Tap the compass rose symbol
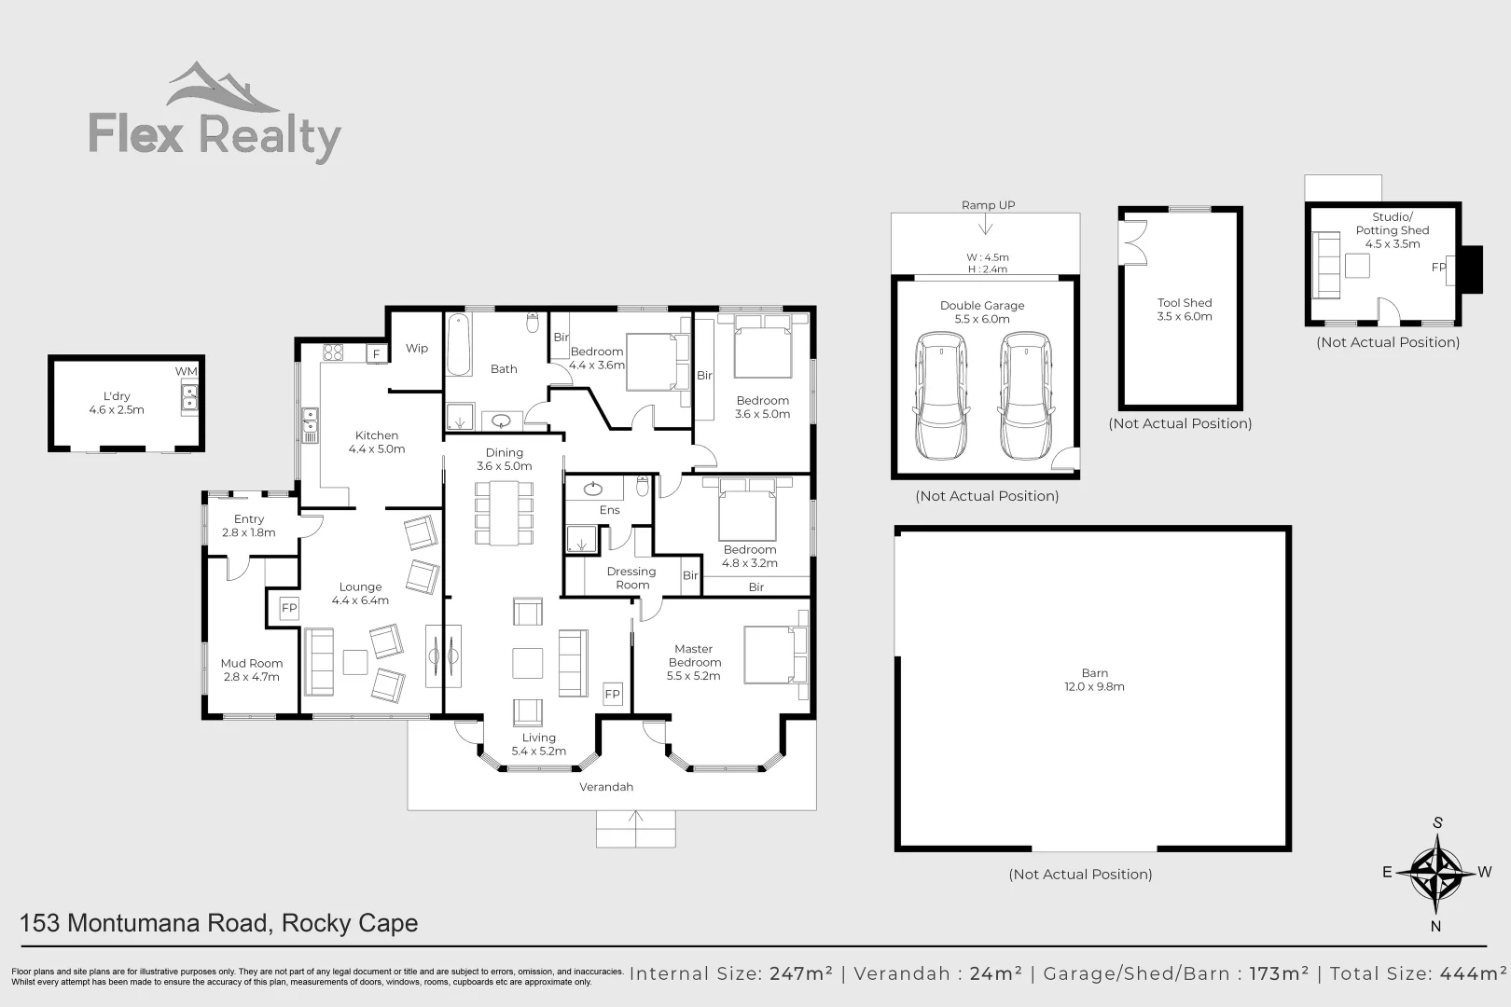[x=1435, y=873]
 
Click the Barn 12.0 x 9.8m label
[x=1094, y=680]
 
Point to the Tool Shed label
[x=1185, y=310]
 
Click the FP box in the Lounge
[x=289, y=608]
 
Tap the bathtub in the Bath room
[x=457, y=345]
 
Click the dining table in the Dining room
[x=505, y=512]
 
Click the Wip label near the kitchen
[x=417, y=349]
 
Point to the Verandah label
[x=606, y=787]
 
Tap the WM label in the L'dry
[x=187, y=371]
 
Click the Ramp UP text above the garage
[x=988, y=205]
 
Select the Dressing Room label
[x=631, y=578]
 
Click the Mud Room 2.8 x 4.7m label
[x=252, y=670]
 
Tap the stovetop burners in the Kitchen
[x=333, y=352]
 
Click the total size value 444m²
[x=1474, y=973]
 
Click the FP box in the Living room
[x=612, y=694]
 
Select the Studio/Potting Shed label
[x=1392, y=230]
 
